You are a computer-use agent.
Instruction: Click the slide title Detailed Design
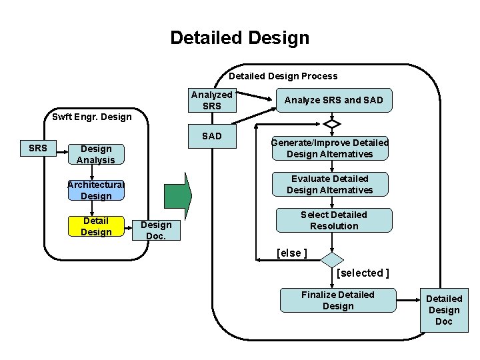[239, 38]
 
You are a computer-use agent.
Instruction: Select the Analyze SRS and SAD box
[334, 100]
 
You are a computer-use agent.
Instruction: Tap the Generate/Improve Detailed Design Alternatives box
[329, 148]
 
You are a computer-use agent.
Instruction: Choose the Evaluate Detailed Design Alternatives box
[329, 184]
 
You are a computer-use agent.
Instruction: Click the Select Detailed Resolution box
[333, 220]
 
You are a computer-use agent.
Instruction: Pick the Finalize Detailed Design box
[337, 300]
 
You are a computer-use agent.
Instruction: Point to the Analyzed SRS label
[211, 100]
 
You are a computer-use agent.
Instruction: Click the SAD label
[211, 136]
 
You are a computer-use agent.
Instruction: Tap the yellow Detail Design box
[96, 226]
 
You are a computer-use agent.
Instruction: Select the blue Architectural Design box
[96, 190]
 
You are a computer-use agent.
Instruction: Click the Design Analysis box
[96, 154]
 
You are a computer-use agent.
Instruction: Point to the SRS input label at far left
[38, 148]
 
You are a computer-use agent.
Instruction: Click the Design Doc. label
[156, 230]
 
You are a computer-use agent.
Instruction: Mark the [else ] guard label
[291, 253]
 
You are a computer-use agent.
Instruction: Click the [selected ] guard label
[363, 273]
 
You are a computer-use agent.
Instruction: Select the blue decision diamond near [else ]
[331, 259]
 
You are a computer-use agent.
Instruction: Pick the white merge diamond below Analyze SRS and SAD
[331, 124]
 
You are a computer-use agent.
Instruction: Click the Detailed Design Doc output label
[444, 310]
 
